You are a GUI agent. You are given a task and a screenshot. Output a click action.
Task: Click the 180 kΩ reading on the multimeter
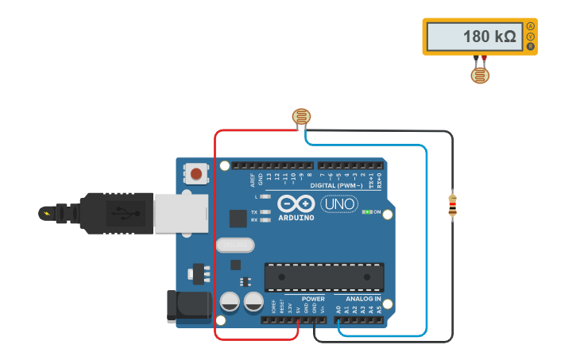coord(489,37)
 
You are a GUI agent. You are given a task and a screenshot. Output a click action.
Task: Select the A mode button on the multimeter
coord(531,26)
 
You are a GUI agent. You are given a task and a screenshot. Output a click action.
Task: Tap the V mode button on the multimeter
coord(531,37)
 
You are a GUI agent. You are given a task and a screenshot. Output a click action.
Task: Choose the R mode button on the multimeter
coord(531,46)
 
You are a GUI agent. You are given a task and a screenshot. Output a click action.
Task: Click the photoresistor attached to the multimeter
coord(480,75)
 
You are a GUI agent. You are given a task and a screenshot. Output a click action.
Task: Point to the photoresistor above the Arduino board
coord(301,118)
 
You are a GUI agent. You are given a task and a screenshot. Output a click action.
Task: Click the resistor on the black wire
coord(452,204)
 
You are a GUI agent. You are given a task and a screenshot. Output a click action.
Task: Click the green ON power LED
coord(368,212)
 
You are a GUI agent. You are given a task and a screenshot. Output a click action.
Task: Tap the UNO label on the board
coord(339,204)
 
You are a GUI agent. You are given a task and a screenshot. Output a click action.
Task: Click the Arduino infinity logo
coord(296,203)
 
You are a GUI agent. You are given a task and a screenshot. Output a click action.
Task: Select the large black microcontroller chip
coord(324,277)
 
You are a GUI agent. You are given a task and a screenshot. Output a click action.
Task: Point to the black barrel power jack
coord(183,307)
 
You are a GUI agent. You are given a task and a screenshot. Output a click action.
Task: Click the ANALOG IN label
coord(362,299)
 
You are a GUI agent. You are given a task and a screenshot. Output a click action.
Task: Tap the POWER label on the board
coord(312,299)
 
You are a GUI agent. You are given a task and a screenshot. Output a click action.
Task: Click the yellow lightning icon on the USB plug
coord(47,213)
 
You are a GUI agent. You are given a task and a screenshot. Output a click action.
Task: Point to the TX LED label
coord(254,212)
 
